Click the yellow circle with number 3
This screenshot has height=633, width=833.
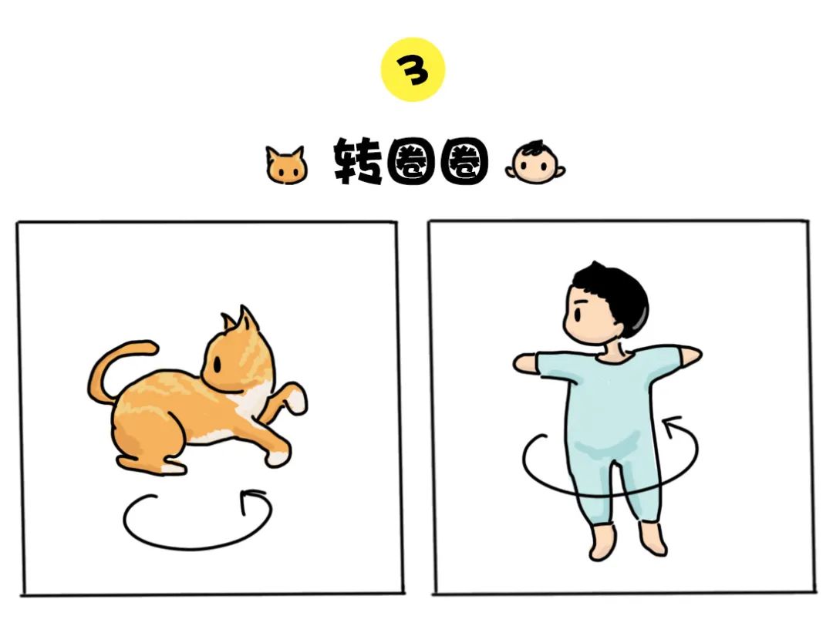pos(413,69)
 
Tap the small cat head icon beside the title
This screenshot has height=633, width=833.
pos(286,165)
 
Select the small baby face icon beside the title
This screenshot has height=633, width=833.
pos(535,163)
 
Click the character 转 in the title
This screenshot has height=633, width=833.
pos(358,161)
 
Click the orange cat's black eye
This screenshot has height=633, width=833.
pos(218,364)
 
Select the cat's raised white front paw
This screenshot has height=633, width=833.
pos(295,400)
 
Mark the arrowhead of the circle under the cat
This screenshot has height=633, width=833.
pos(250,499)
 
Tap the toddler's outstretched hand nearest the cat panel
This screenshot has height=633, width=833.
pos(525,363)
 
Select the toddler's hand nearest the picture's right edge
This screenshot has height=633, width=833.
pos(692,355)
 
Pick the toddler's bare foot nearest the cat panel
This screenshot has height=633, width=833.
pos(602,542)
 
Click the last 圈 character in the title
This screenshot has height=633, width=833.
pos(464,162)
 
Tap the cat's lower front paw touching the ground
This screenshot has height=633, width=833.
pos(278,455)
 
